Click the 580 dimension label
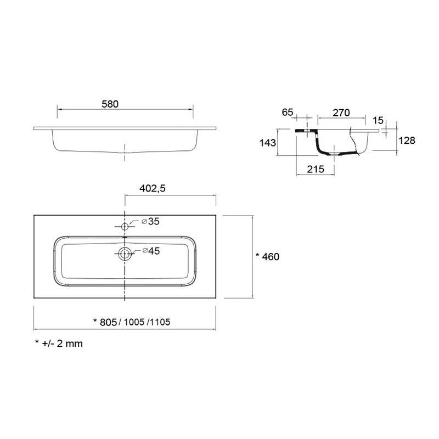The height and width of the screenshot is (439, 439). pyautogui.click(x=110, y=104)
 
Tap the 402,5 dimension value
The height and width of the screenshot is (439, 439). pyautogui.click(x=153, y=188)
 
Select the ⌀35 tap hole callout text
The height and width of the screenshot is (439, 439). pyautogui.click(x=150, y=222)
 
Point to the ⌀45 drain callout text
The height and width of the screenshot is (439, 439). pyautogui.click(x=151, y=251)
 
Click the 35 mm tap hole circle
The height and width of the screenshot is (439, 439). pyautogui.click(x=125, y=226)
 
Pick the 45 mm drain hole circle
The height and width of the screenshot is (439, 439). pyautogui.click(x=125, y=254)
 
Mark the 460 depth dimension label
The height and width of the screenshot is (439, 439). pyautogui.click(x=271, y=257)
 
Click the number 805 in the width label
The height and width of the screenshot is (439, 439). pyautogui.click(x=108, y=322)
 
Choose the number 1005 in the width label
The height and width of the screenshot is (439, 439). pyautogui.click(x=134, y=322)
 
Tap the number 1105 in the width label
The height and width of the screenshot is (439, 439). pyautogui.click(x=160, y=322)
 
